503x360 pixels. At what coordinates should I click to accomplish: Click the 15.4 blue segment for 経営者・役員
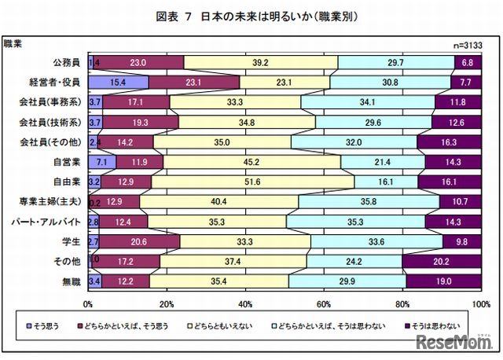point(118,82)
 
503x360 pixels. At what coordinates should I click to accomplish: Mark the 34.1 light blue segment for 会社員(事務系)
point(367,101)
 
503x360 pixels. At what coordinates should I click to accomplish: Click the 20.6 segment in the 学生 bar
point(140,242)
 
